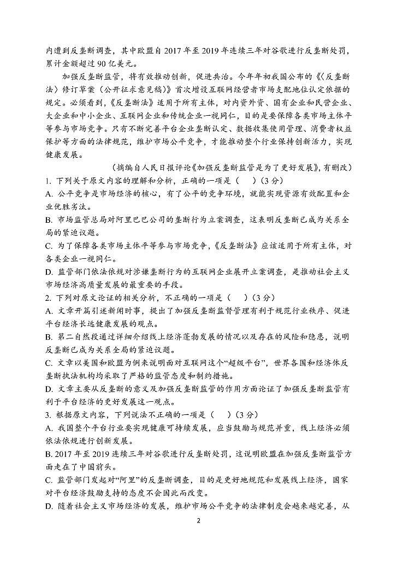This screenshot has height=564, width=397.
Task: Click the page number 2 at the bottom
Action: [x=199, y=520]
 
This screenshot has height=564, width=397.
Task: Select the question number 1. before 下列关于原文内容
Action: [x=49, y=181]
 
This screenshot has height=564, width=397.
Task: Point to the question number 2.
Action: [x=49, y=298]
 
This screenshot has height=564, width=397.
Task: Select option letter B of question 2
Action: [x=49, y=336]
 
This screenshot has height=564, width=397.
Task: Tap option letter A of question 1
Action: [x=49, y=194]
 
